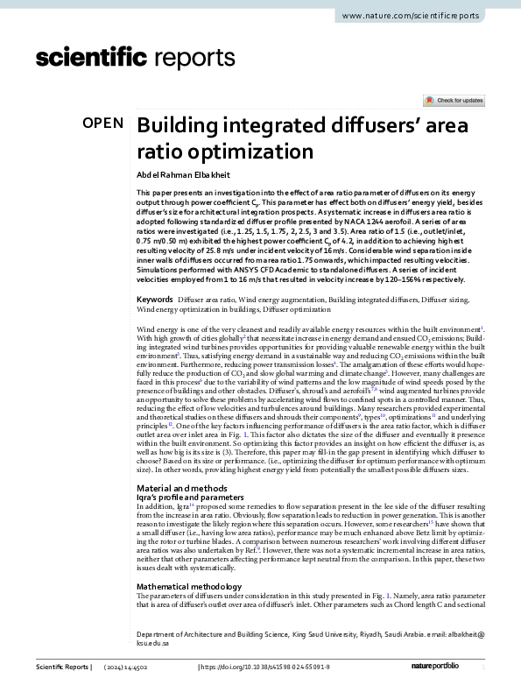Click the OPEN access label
click(x=103, y=124)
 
